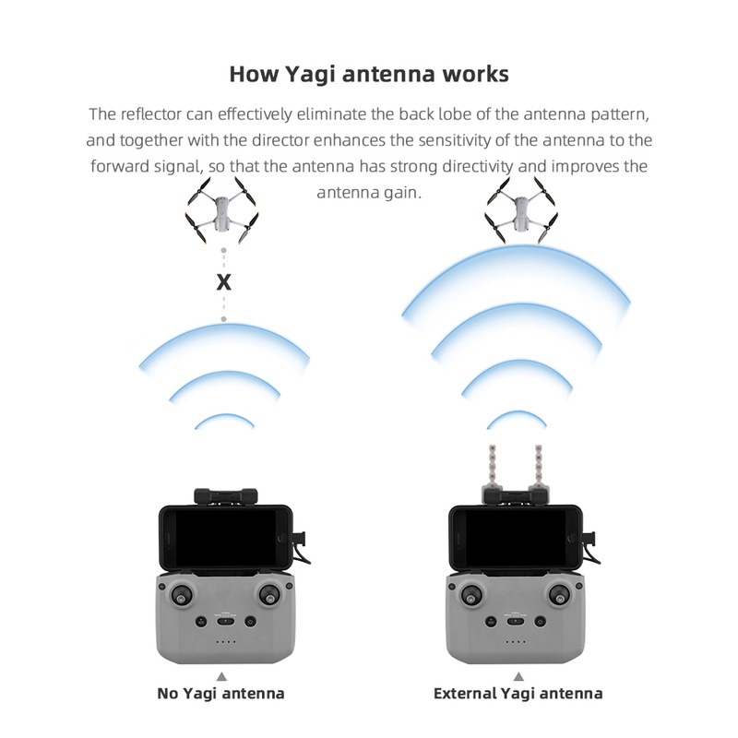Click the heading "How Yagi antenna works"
tap(368, 74)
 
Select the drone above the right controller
tap(520, 211)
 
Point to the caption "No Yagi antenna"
tap(221, 693)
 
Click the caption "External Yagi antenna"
tap(518, 693)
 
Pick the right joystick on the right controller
tap(560, 595)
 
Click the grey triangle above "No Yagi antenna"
tap(220, 675)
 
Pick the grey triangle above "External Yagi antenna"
tap(518, 675)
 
